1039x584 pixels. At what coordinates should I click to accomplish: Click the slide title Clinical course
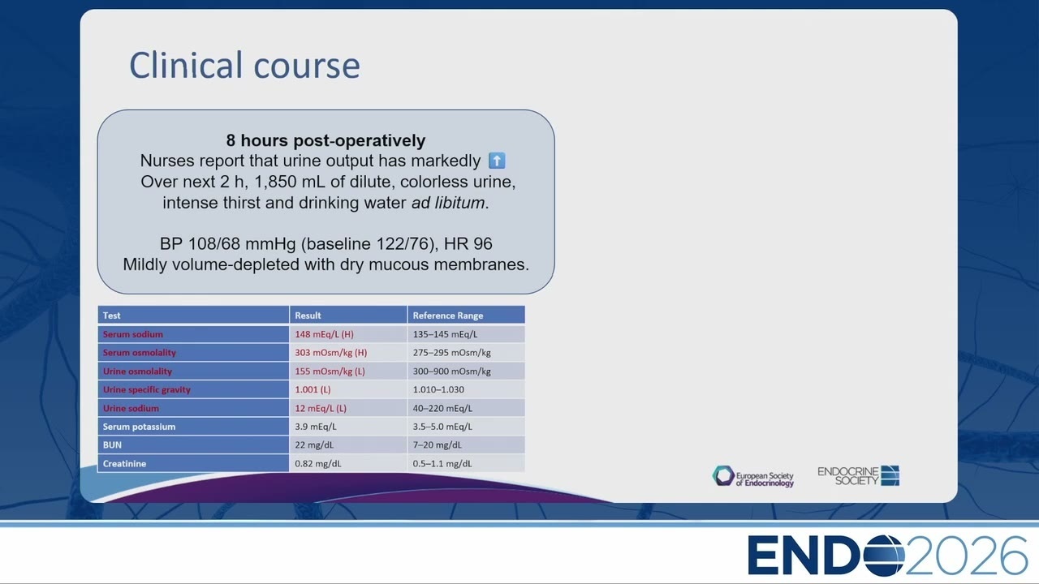244,65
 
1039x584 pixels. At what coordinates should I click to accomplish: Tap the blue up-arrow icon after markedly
497,161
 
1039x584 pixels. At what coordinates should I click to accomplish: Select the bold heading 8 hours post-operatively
325,140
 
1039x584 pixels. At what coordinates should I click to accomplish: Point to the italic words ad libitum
448,203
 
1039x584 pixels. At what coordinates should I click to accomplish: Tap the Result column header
308,316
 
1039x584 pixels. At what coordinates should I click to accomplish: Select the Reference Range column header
448,316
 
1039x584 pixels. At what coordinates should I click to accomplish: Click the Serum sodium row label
132,334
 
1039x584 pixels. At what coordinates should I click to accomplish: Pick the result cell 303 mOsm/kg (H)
330,353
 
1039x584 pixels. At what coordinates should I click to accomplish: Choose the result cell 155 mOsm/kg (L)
330,371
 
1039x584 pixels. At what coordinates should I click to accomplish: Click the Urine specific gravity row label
147,390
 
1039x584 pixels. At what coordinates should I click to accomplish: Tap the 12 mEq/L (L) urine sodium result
321,408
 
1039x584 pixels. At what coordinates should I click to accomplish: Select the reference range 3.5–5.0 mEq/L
442,427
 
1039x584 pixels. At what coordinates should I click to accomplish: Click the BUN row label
112,445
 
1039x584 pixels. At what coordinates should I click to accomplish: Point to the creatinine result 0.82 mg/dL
317,463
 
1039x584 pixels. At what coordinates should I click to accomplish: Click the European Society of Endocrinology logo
752,476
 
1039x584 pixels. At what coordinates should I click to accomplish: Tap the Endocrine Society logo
858,476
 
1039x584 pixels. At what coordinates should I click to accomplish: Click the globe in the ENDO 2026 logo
884,556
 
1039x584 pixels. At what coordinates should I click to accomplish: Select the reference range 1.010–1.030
438,390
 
